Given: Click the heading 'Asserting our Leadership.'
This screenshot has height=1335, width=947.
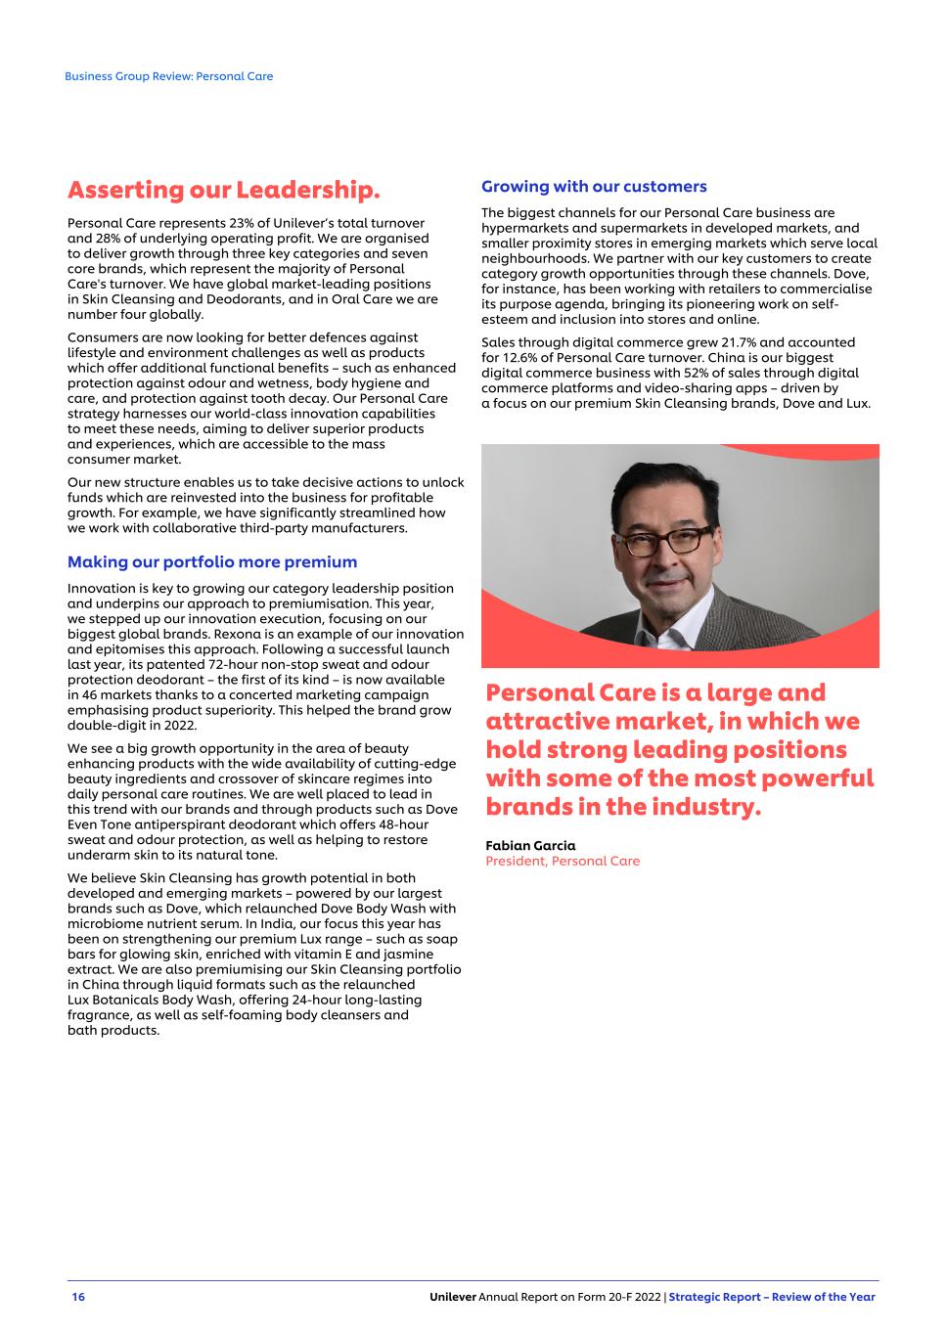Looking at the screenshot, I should pos(223,189).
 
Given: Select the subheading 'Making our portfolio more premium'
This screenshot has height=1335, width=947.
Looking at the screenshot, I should pos(212,562).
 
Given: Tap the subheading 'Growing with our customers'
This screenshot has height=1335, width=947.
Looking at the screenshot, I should pos(594,187).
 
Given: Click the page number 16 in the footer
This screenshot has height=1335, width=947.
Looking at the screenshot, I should pos(78,1297).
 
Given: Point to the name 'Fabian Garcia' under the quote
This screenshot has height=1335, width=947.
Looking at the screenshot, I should pos(530,846).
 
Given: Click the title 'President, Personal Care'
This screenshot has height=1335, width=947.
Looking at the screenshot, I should pos(563,862).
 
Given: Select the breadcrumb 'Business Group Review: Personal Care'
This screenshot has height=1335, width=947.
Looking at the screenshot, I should pos(169,76).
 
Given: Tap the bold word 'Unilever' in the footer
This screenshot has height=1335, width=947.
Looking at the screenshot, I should pos(453,1297).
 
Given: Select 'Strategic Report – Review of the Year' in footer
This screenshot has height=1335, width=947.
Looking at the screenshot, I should pos(772,1297).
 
